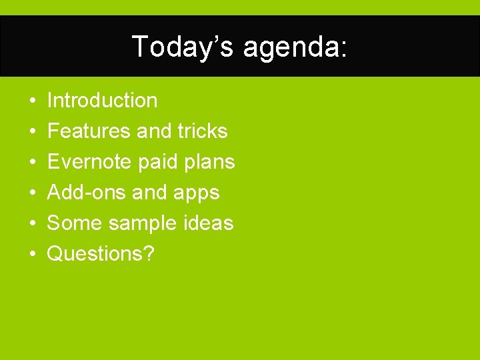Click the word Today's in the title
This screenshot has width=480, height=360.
[183, 47]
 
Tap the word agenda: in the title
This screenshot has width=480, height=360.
[295, 48]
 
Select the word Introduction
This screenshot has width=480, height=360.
[103, 101]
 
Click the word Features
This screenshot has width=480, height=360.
[89, 131]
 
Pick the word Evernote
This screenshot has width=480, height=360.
[89, 162]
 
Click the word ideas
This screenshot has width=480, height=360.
[208, 223]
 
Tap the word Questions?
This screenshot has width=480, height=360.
[101, 254]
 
